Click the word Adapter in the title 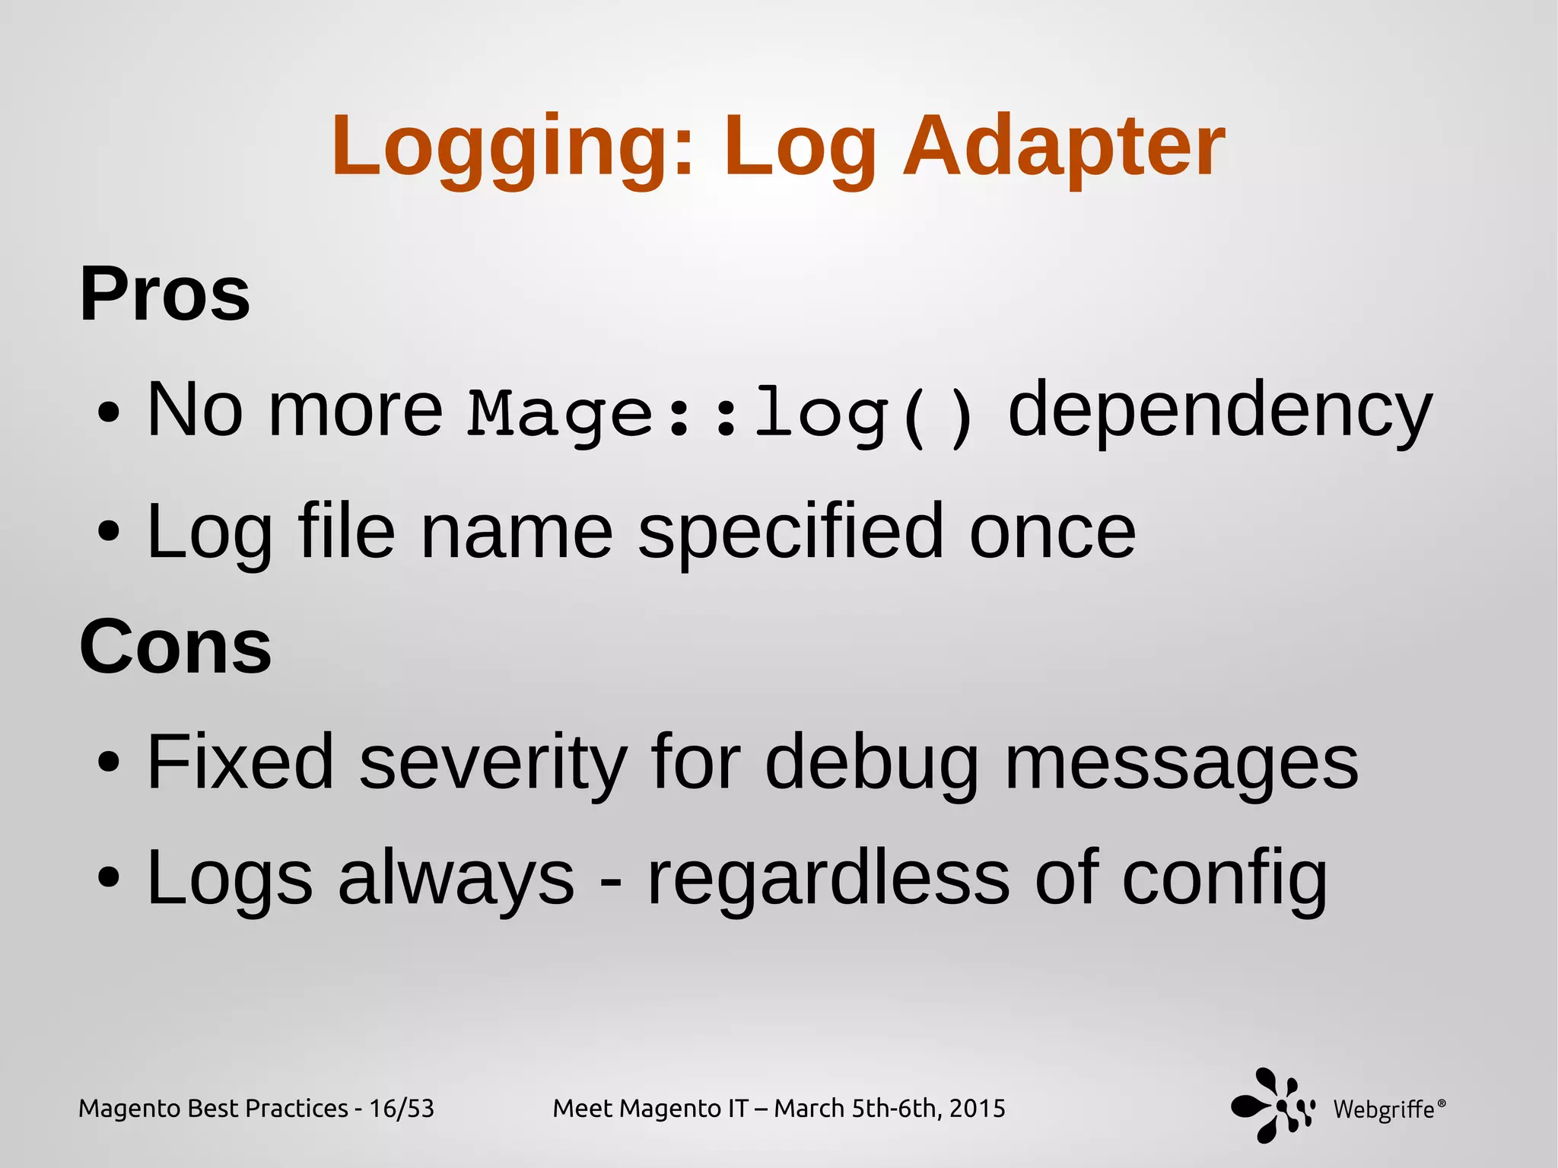click(x=1064, y=147)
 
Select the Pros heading click(x=164, y=295)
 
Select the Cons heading click(x=175, y=647)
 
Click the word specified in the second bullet click(x=791, y=532)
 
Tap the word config click(x=1225, y=880)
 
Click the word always click(x=456, y=880)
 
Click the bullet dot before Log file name click(x=109, y=532)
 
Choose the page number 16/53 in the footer click(x=402, y=1109)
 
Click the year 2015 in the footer click(x=978, y=1109)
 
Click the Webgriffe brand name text click(x=1385, y=1110)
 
